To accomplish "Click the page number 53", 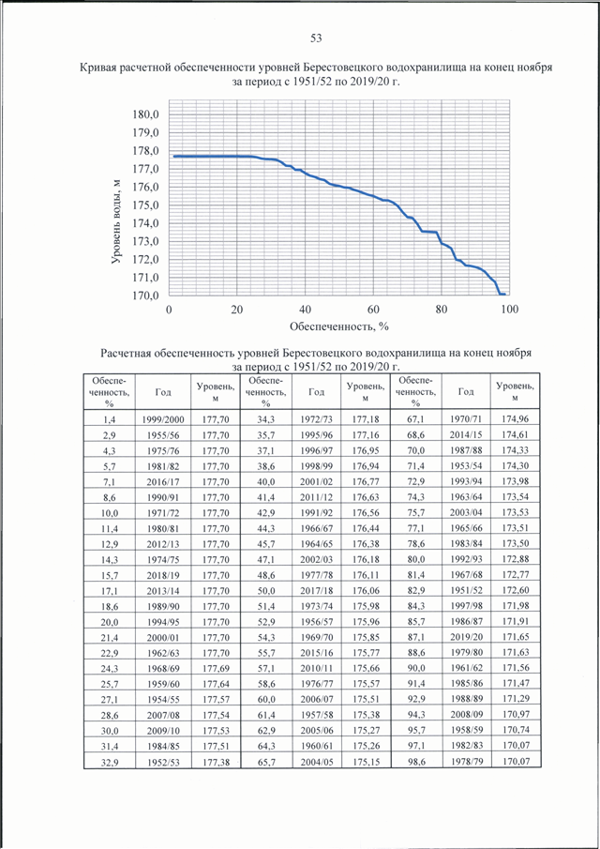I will pos(316,38).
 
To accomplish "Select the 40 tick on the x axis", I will pos(306,309).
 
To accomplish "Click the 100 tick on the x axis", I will pos(508,309).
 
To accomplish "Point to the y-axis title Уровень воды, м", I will pos(116,220).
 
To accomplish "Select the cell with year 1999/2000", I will pos(163,418).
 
